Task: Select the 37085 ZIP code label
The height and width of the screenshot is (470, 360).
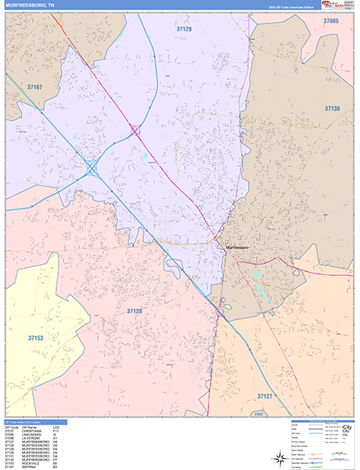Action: coord(330,21)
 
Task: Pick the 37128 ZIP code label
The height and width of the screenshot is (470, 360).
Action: coord(135,311)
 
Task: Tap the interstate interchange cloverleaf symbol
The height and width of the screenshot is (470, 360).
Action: coord(92,167)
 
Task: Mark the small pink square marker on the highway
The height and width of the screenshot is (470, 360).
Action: coord(135,130)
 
